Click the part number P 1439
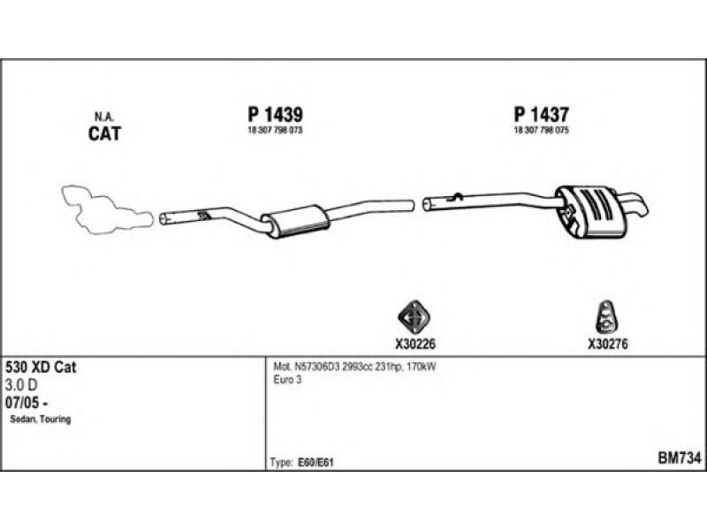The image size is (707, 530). coord(275,115)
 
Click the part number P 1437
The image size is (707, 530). coord(542,115)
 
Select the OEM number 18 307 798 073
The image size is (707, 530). coord(275,130)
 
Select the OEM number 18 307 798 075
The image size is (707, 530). coord(542,130)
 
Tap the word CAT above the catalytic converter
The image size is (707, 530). coord(104,133)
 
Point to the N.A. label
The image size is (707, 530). coord(104,117)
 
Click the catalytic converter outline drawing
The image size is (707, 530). coord(106,209)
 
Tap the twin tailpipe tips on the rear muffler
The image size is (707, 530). coord(635,205)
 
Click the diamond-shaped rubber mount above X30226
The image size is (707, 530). coord(414,317)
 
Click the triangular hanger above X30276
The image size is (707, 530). coord(606,317)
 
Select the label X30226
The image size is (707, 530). coord(415,344)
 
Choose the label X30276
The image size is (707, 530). coord(607,344)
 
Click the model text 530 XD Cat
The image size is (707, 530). coord(41,367)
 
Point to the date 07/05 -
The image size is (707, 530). coord(27,403)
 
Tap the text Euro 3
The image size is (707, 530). coord(287,380)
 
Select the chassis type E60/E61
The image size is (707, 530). coord(315,463)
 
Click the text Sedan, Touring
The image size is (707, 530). coord(41,420)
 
